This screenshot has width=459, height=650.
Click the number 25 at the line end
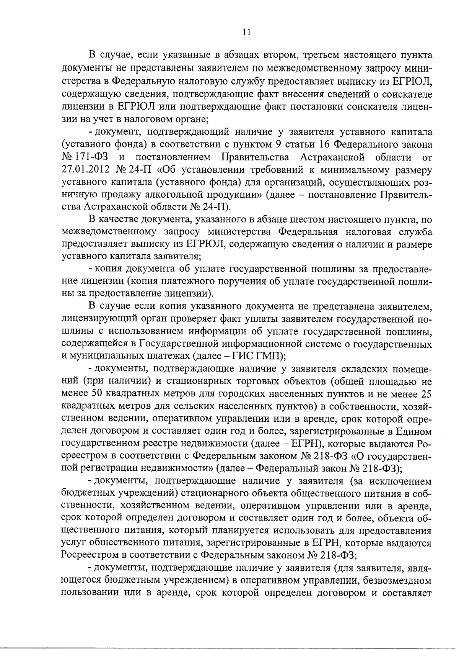point(426,394)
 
